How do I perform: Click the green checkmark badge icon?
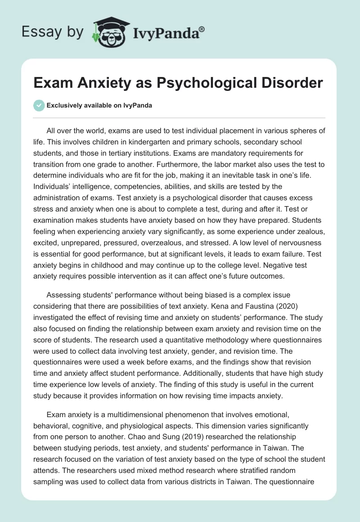[39, 105]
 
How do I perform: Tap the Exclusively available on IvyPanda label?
[99, 105]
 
